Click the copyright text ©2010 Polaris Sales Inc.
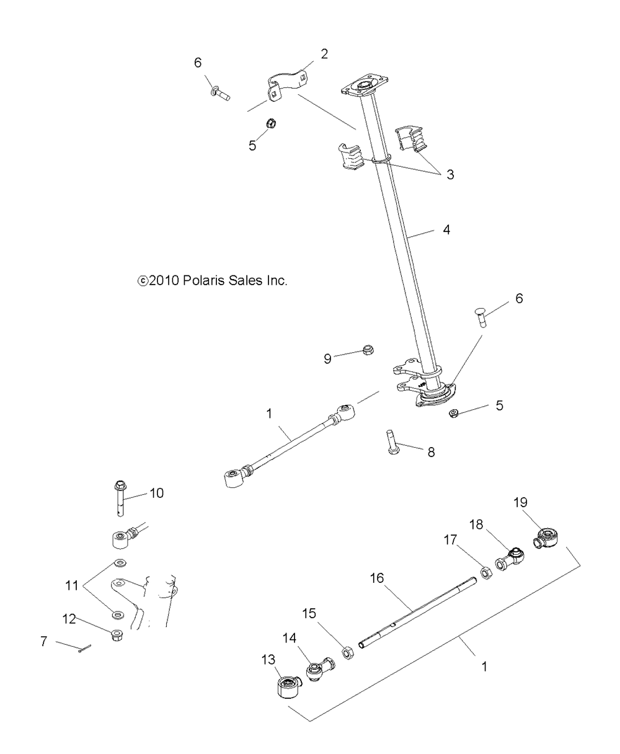(213, 281)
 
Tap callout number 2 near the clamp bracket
(324, 55)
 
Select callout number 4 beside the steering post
(446, 229)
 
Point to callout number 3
(450, 175)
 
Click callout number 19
(520, 502)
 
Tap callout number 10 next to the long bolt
(156, 494)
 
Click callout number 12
(69, 619)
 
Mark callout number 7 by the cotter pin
(43, 641)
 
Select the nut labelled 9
(368, 350)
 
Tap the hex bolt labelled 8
(392, 443)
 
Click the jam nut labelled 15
(348, 653)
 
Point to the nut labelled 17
(486, 574)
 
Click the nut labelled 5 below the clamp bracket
(271, 124)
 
